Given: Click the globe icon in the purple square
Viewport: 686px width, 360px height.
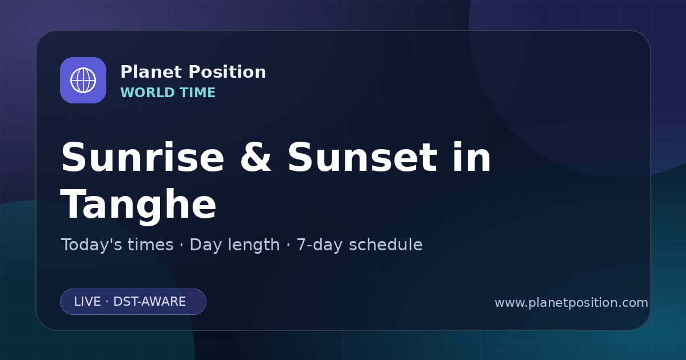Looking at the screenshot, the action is [83, 80].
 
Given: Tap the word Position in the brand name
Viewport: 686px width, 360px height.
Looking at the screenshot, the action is [228, 72].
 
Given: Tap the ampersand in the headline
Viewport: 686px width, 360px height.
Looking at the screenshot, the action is [256, 157].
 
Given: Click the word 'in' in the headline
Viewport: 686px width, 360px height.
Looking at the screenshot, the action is [472, 157].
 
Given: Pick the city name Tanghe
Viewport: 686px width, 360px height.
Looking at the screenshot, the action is [138, 205].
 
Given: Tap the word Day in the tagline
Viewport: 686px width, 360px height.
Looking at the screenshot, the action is [205, 245].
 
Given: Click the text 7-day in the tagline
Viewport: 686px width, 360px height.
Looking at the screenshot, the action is [320, 245].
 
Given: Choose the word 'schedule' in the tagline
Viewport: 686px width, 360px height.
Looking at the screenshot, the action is [386, 245].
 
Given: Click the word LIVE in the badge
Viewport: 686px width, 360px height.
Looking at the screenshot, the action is [87, 302].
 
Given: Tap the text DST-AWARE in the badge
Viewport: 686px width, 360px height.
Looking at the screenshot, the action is [149, 302].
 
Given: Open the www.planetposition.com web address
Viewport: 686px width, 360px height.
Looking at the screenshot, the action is [571, 303].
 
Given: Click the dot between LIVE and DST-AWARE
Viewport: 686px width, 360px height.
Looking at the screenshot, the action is [107, 302].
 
